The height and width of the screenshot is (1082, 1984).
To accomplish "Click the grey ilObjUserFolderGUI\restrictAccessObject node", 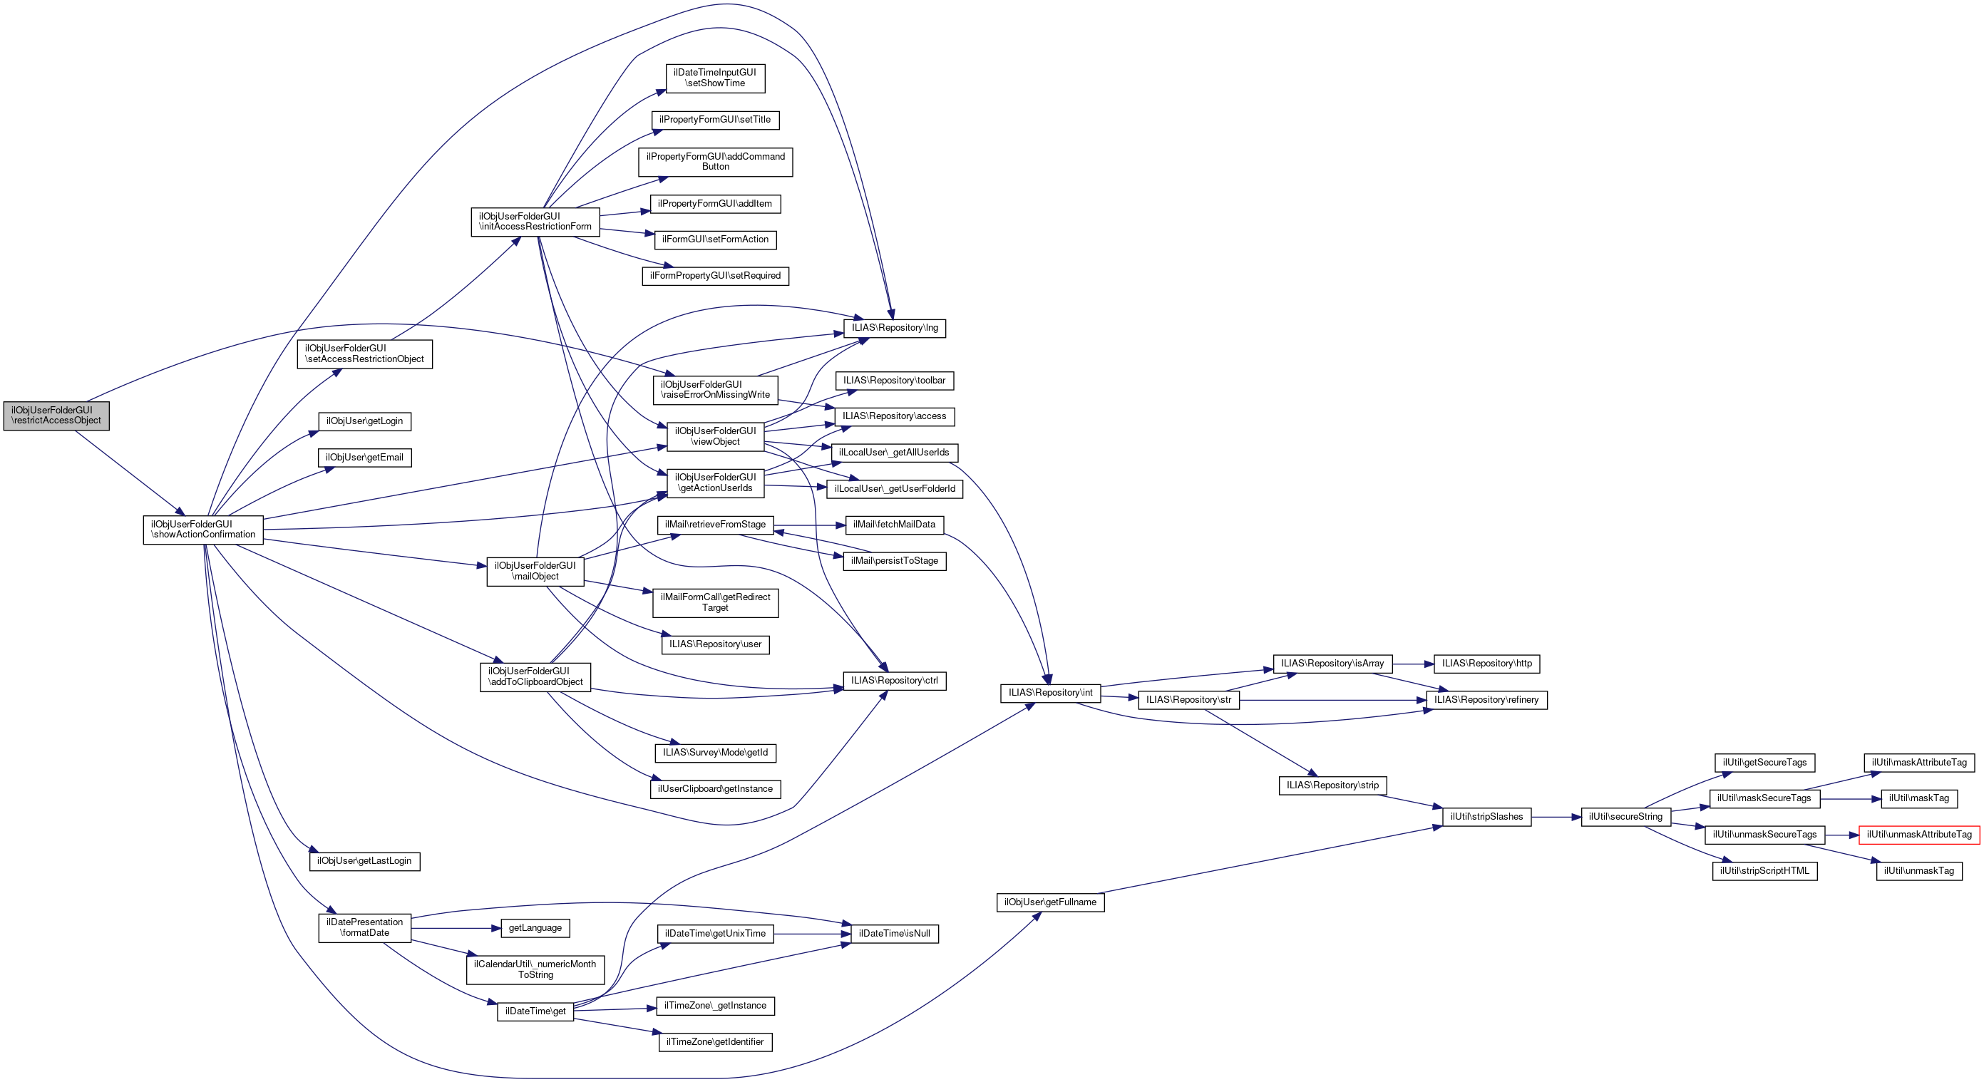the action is pyautogui.click(x=56, y=416).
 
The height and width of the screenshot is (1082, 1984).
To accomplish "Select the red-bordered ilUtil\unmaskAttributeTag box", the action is pyautogui.click(x=1918, y=835).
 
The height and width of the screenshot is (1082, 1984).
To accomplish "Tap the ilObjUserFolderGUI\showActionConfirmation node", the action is pyautogui.click(x=203, y=530).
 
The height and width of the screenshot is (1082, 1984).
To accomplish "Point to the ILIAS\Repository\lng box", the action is pyautogui.click(x=894, y=328).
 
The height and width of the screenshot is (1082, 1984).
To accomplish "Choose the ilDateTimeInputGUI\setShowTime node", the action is pyautogui.click(x=715, y=78).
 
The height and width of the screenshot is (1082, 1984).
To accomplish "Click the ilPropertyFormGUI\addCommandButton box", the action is pyautogui.click(x=716, y=162).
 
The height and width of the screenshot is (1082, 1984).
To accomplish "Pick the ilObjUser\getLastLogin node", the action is pyautogui.click(x=364, y=861).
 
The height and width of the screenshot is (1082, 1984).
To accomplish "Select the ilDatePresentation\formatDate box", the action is pyautogui.click(x=365, y=928).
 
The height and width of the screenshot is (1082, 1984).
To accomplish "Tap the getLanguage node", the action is pyautogui.click(x=535, y=928).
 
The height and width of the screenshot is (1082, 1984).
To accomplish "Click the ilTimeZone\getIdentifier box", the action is pyautogui.click(x=715, y=1042).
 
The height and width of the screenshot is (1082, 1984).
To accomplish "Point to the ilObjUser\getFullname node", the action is pyautogui.click(x=1051, y=902).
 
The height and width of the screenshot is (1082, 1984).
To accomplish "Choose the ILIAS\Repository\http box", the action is pyautogui.click(x=1486, y=664).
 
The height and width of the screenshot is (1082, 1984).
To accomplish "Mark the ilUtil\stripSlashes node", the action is pyautogui.click(x=1486, y=817).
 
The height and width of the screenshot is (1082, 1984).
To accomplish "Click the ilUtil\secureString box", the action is pyautogui.click(x=1626, y=817).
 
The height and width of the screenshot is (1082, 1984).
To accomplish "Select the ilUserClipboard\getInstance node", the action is pyautogui.click(x=715, y=789).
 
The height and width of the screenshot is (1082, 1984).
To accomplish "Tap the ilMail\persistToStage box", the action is pyautogui.click(x=894, y=562).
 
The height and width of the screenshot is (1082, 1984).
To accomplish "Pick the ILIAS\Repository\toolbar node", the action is pyautogui.click(x=894, y=381).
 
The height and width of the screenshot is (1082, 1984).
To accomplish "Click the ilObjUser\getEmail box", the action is pyautogui.click(x=364, y=458).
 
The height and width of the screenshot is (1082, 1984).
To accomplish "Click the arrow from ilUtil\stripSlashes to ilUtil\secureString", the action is pyautogui.click(x=1556, y=817).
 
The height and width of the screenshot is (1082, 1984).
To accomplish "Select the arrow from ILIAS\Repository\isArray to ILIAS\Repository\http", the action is pyautogui.click(x=1413, y=664).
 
